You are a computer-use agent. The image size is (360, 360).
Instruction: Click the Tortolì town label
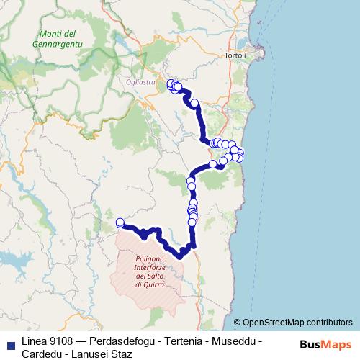[234, 55]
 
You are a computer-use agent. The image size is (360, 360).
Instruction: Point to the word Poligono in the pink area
[149, 259]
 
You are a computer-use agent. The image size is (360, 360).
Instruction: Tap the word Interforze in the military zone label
[149, 268]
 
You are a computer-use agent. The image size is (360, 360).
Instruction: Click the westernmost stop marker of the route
[120, 222]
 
